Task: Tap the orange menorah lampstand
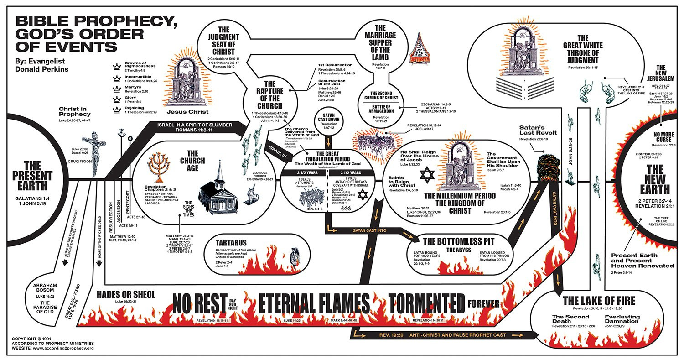coord(160,167)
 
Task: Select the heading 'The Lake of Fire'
coord(599,301)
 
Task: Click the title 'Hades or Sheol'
coord(126,295)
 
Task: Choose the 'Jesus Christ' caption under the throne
coord(187,111)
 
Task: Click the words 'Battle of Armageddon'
coord(381,108)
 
